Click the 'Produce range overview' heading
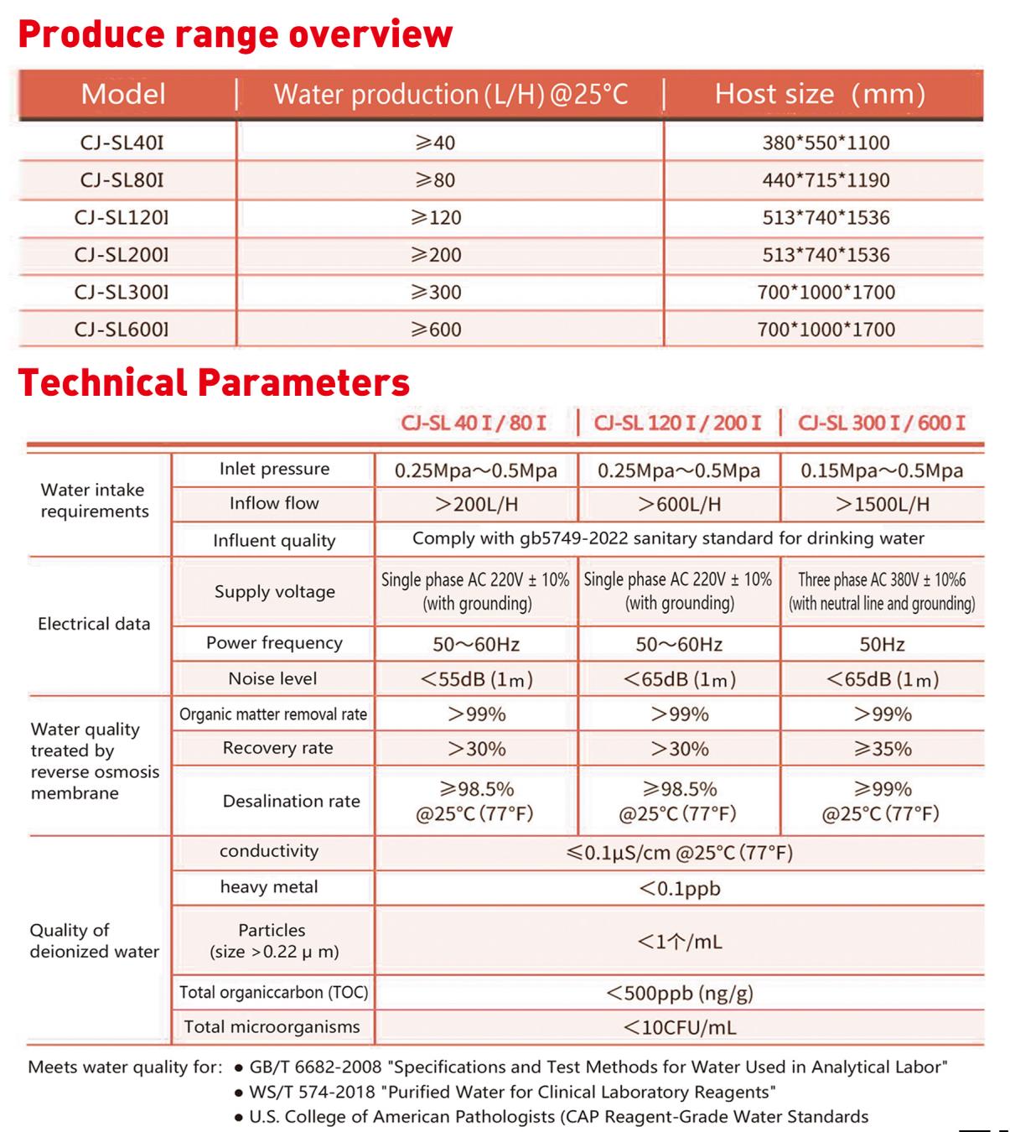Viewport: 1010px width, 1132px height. click(x=236, y=34)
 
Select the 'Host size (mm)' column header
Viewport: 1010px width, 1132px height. click(x=819, y=94)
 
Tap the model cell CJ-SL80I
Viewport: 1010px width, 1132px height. click(x=122, y=180)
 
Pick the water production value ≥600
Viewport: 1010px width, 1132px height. click(x=436, y=330)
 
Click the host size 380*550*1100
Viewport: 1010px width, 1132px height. click(x=826, y=143)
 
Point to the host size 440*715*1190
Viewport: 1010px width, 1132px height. click(x=826, y=180)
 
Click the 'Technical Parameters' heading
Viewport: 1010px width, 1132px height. click(x=215, y=382)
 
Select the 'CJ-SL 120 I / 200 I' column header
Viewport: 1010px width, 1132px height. click(x=677, y=423)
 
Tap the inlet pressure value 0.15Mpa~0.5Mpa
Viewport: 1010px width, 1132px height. click(x=882, y=471)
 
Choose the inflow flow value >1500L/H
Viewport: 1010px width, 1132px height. click(x=882, y=504)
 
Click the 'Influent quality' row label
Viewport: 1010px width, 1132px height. click(x=274, y=541)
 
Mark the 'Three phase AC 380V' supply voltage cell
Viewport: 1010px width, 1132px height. click(x=882, y=591)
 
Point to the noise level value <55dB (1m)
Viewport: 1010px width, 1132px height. click(x=476, y=679)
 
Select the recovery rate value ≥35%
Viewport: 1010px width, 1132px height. click(x=882, y=749)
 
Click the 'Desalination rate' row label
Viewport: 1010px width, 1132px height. click(x=291, y=802)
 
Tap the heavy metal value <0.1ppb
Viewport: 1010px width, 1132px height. click(x=679, y=888)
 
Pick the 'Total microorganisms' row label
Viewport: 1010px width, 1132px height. click(x=272, y=1027)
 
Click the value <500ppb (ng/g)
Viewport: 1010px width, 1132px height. click(x=679, y=994)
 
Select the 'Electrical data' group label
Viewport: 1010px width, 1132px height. click(x=94, y=624)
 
